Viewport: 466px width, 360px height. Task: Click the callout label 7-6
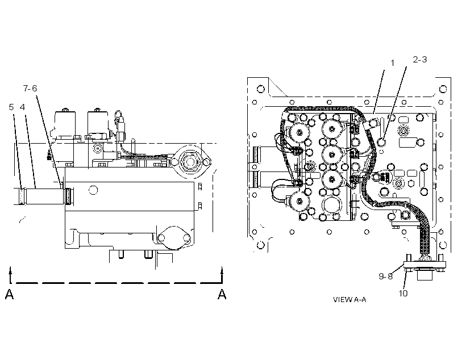pos(30,88)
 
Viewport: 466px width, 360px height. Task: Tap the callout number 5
pos(11,107)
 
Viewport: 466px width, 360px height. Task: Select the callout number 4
pos(22,107)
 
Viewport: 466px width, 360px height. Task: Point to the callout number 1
pos(392,63)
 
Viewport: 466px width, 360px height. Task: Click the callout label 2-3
pos(419,60)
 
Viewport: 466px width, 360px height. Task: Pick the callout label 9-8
pos(385,276)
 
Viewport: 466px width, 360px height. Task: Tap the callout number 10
pos(403,293)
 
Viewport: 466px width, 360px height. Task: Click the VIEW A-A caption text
pos(349,299)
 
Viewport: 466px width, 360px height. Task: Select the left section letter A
pos(9,294)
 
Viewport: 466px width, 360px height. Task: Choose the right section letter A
pos(222,294)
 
